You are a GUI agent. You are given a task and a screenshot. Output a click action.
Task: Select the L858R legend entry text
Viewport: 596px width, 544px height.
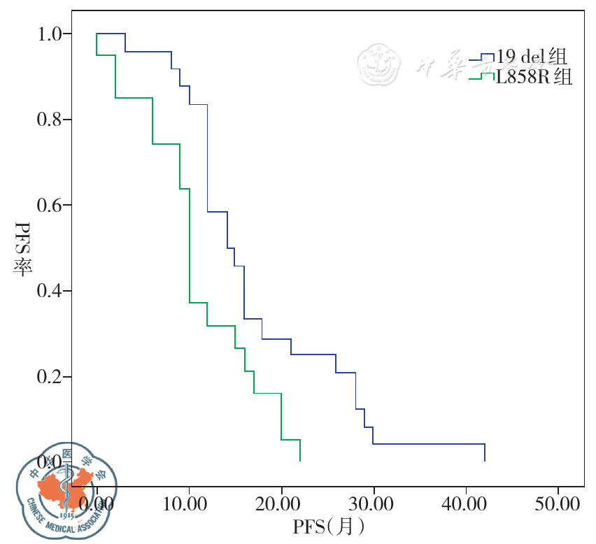[x=534, y=78]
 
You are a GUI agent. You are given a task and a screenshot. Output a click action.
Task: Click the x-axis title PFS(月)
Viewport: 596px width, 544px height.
[x=328, y=524]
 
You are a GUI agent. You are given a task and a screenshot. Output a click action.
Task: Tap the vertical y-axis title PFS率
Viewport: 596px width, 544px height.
[x=22, y=249]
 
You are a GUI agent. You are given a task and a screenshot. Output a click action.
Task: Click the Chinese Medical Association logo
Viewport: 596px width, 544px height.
[x=66, y=489]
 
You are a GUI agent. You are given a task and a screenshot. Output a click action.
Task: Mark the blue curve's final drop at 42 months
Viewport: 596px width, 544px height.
[x=485, y=452]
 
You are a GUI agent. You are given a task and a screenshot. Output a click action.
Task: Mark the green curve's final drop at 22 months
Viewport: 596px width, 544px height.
[x=300, y=450]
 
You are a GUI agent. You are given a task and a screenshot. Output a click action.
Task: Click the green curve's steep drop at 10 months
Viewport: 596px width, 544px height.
[x=189, y=245]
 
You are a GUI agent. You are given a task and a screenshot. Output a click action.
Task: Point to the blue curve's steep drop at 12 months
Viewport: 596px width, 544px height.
[x=207, y=157]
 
